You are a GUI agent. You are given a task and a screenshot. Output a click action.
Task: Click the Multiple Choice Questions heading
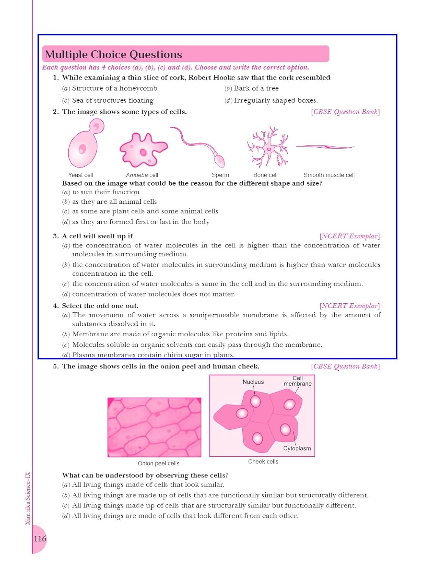click(114, 55)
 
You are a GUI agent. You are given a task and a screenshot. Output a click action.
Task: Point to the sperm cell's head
click(219, 160)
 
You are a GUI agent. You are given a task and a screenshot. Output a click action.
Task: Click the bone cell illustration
click(268, 148)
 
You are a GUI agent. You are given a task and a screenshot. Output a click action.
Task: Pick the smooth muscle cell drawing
click(325, 147)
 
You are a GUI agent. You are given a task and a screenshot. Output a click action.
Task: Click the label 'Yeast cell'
click(80, 175)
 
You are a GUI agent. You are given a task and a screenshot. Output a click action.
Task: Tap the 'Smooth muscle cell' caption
click(329, 175)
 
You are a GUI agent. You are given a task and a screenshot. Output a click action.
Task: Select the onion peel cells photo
click(154, 427)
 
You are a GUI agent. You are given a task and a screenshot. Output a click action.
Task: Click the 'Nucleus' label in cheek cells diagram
click(253, 382)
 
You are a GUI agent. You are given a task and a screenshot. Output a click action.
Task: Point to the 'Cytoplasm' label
click(297, 448)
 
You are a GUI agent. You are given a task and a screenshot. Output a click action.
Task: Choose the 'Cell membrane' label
click(298, 381)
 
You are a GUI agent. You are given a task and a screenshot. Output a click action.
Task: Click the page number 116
click(40, 538)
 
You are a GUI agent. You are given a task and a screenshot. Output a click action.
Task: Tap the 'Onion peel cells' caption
click(158, 463)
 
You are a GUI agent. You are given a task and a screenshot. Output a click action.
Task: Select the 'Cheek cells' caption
click(263, 462)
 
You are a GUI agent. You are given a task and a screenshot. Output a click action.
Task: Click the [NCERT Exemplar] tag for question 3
click(349, 236)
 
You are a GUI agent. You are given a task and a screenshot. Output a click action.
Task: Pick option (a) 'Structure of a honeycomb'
click(110, 88)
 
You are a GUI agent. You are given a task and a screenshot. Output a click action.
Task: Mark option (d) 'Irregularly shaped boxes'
click(271, 100)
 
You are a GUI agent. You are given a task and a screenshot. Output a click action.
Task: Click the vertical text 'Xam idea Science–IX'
click(28, 498)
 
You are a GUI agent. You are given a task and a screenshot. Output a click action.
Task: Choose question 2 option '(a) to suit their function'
click(101, 192)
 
